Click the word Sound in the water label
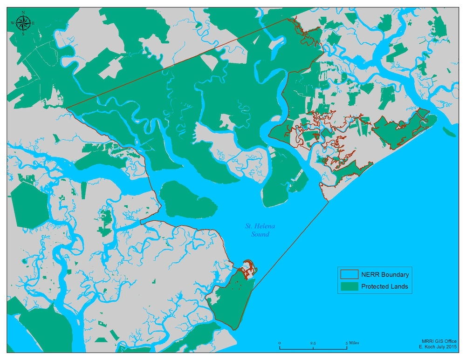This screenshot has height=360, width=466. [x=260, y=234]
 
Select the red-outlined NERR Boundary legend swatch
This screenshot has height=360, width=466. [x=348, y=275]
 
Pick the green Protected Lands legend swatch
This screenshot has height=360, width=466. [x=348, y=286]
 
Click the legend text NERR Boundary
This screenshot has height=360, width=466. [x=385, y=275]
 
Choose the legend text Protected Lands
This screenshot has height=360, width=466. [x=384, y=286]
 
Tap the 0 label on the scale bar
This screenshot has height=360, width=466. [x=280, y=343]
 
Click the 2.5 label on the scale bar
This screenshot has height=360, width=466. [x=313, y=343]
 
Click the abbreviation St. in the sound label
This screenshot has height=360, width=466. [x=249, y=226]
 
